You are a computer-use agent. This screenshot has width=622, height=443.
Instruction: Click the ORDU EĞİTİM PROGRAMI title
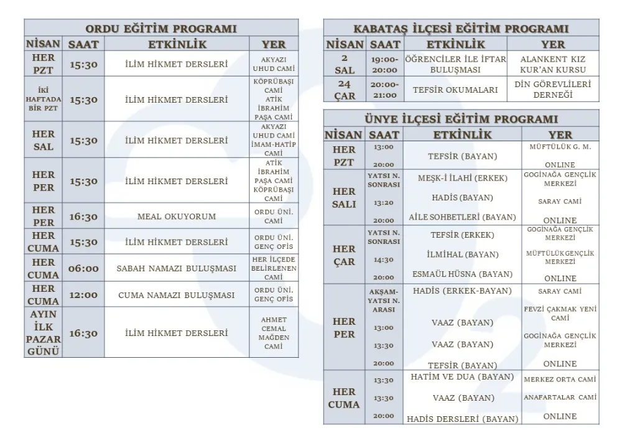point(161,29)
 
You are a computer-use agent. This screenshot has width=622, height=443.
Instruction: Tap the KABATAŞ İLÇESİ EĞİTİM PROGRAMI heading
point(461,29)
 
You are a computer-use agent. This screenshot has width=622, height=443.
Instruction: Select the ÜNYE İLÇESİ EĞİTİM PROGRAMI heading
point(461,119)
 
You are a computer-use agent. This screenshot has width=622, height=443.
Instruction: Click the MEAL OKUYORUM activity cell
point(177,217)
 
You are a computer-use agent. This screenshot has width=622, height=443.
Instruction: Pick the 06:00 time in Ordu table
point(83,269)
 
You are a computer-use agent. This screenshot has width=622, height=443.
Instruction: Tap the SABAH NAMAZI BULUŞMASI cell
point(177,269)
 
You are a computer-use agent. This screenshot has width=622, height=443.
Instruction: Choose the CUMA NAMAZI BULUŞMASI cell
point(177,295)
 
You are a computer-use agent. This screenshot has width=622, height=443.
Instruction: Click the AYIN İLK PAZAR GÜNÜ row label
point(44,333)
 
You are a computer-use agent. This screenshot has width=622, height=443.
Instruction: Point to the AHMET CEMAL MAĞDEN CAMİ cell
point(274,333)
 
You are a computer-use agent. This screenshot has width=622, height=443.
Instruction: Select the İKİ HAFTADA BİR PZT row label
point(44,99)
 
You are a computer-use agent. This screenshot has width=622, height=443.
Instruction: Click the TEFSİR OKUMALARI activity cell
point(455,90)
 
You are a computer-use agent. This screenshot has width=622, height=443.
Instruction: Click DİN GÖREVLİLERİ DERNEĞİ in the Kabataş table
point(553,90)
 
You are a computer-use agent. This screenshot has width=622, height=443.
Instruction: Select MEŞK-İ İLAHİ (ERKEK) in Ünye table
point(463,178)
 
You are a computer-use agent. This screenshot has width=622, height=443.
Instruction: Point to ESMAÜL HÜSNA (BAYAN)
point(463,274)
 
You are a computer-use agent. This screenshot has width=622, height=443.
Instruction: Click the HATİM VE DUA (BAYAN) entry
point(463,377)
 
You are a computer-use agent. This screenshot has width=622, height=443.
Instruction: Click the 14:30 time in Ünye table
point(383,259)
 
